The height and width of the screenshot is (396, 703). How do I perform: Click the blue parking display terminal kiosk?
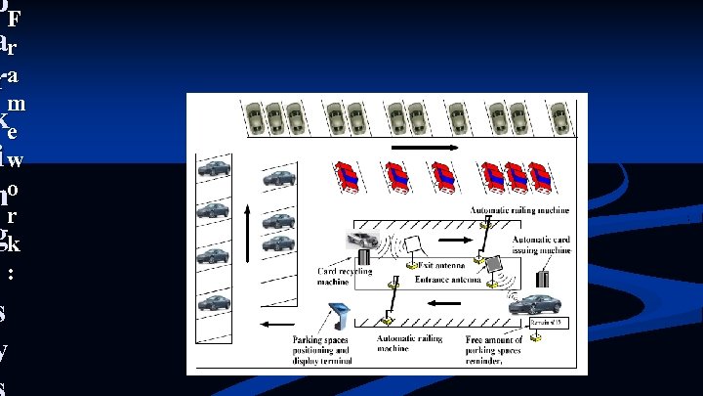click(338, 316)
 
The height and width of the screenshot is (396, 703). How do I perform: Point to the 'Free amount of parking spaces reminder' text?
click(502, 349)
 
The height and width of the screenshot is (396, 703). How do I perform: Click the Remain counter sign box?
click(551, 322)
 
